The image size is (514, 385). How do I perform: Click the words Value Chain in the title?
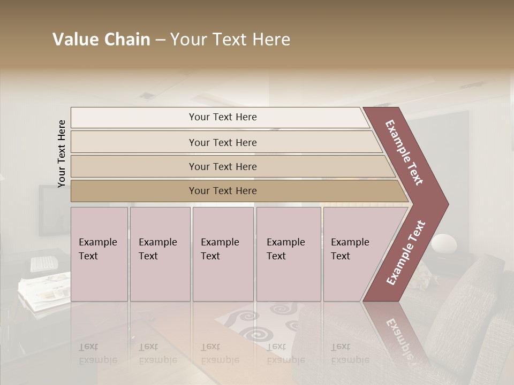(101, 40)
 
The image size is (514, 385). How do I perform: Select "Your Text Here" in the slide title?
(230, 40)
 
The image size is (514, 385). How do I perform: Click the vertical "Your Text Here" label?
(62, 154)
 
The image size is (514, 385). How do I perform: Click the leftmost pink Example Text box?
(99, 254)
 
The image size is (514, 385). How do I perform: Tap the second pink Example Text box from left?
(160, 254)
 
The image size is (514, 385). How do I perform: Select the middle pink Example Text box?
(223, 254)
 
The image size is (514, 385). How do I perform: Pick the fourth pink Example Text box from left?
(289, 254)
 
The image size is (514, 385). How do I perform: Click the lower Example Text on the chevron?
(406, 252)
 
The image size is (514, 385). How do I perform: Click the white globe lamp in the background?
(444, 244)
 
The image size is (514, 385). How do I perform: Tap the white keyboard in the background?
(44, 264)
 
